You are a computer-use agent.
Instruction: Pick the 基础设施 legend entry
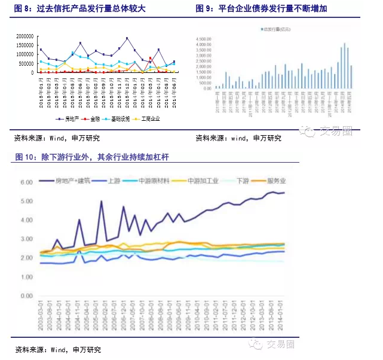[121, 119]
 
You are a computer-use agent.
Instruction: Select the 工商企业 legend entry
[151, 119]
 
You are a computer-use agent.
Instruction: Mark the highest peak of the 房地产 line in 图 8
[127, 38]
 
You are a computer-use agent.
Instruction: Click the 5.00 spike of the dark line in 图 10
[102, 202]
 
